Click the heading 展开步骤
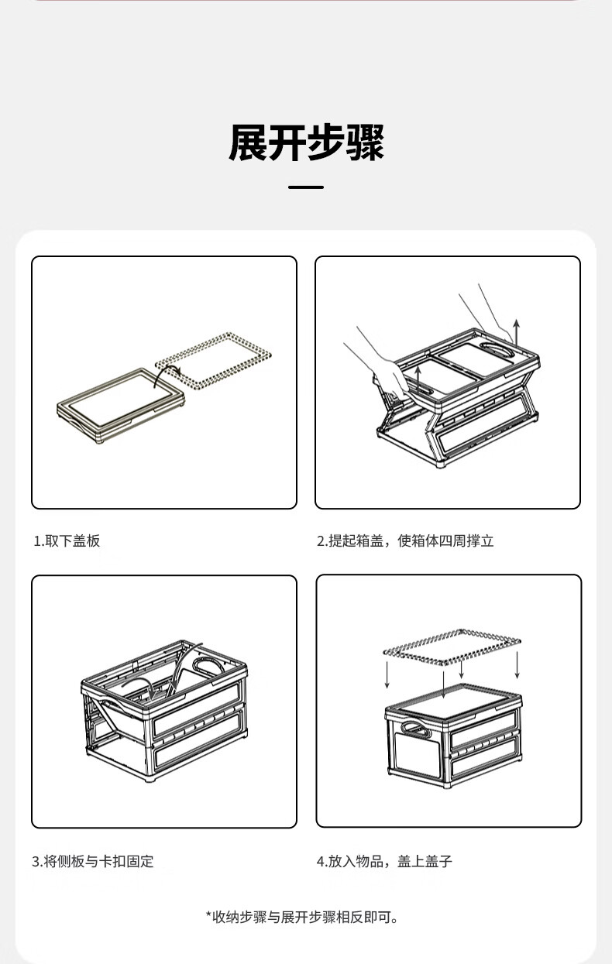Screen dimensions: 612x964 (306, 142)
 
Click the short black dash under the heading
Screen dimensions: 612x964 (306, 187)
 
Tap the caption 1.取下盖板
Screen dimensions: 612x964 (67, 540)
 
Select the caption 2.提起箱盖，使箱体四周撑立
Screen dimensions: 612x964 (405, 540)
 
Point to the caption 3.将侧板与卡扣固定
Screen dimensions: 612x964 (93, 861)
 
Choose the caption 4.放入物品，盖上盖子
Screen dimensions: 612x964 (384, 861)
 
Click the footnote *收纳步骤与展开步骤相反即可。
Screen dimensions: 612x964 (302, 917)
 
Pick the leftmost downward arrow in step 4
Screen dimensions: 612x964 (387, 674)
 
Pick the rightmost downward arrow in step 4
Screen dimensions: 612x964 (517, 665)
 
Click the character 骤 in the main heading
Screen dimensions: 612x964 (365, 142)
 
